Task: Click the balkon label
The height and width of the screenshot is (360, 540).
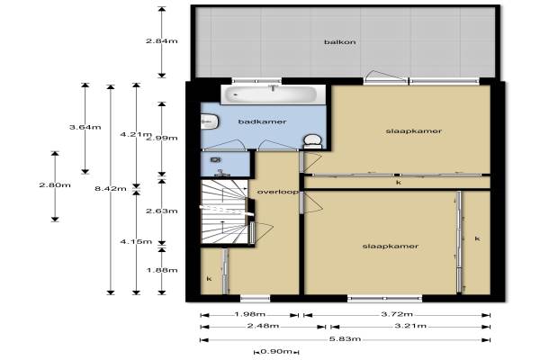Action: [340, 42]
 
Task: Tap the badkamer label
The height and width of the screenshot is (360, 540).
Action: [262, 121]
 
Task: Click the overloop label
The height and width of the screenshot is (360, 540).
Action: [277, 192]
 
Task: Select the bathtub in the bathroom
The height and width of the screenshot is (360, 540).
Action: [273, 94]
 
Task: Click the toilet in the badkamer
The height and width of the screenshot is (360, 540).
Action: [312, 141]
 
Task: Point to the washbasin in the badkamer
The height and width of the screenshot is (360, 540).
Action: [210, 121]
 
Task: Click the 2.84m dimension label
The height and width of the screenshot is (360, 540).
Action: [162, 41]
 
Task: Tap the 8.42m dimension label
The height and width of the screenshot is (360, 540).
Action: [110, 188]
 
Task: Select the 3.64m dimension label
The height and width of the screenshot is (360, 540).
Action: [85, 127]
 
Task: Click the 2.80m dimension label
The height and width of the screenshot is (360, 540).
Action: [55, 185]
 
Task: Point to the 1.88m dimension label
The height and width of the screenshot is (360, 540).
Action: [162, 270]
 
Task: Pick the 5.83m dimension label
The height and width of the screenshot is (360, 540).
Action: [345, 339]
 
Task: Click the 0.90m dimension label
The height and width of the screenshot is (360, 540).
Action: [276, 352]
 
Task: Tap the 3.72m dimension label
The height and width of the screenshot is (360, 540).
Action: [397, 314]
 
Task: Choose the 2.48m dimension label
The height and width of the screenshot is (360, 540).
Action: [263, 326]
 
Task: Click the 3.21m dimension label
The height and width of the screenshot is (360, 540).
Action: [410, 326]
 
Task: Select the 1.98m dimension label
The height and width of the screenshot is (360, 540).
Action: [249, 314]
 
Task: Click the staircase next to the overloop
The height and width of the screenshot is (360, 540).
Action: [224, 211]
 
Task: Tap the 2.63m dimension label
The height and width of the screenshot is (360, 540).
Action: [162, 211]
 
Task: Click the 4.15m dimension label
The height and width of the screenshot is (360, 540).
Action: [136, 241]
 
